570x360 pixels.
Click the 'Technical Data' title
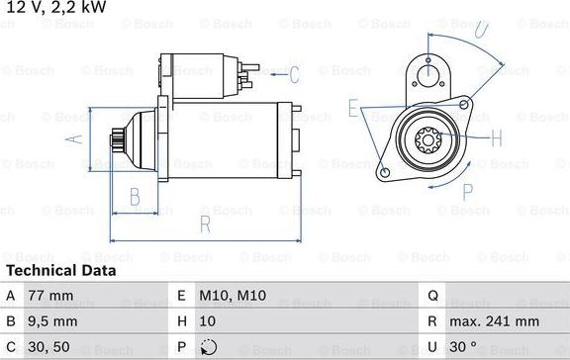[60, 270]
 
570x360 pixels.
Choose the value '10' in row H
[207, 321]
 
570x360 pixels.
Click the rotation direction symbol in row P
[208, 348]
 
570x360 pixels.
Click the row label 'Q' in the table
[432, 295]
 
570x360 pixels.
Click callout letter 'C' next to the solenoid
[294, 73]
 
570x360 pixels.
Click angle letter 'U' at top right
[480, 29]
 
